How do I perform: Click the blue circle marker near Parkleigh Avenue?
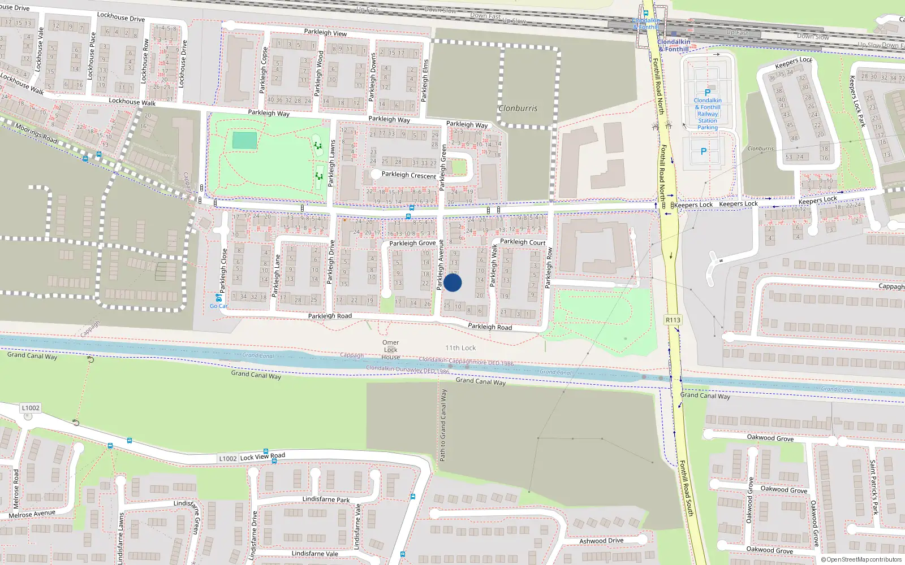[453, 282]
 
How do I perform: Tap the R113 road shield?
[673, 320]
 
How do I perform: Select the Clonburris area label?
[518, 108]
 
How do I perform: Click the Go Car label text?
[218, 306]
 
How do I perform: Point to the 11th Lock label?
[460, 348]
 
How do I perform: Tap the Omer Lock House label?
[391, 350]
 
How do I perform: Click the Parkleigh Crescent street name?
[408, 175]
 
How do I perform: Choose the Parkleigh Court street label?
[523, 242]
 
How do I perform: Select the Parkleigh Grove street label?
[412, 243]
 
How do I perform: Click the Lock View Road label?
[262, 456]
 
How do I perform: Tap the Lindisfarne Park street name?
[326, 499]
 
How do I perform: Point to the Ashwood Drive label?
[601, 541]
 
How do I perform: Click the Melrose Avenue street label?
[32, 514]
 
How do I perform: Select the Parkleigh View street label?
[325, 33]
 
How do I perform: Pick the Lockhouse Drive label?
[121, 17]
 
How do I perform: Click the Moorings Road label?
[36, 133]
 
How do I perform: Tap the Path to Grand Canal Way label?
[443, 425]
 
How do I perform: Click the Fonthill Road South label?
[686, 488]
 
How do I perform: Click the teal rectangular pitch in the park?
[244, 141]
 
